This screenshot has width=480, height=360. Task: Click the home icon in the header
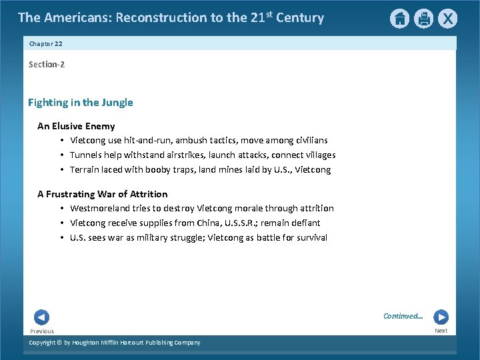point(399,19)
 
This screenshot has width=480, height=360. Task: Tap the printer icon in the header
point(423,19)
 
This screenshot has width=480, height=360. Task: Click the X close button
point(447,19)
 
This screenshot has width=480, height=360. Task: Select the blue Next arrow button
point(441,317)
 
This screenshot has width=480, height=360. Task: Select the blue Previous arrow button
point(41,317)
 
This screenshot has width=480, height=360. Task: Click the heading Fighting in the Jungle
point(80,103)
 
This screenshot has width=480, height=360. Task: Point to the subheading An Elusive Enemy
point(76,126)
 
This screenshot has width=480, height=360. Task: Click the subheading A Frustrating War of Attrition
point(103,194)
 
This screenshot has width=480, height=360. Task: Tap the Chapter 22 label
point(45,43)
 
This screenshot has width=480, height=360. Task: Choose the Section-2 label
point(47,65)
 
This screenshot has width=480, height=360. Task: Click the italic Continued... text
point(403,316)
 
